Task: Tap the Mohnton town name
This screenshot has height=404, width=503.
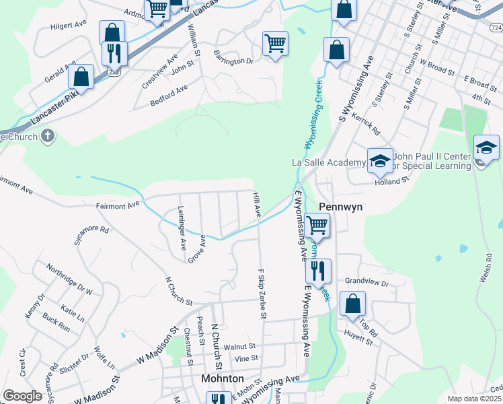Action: [x=223, y=378]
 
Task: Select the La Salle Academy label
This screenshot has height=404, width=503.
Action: [x=327, y=162]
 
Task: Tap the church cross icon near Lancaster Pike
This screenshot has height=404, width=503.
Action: [x=46, y=137]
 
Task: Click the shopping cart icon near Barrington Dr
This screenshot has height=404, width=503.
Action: [x=275, y=44]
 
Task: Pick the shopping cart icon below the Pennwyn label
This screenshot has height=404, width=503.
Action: [x=317, y=225]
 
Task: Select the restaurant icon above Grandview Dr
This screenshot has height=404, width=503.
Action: [x=318, y=271]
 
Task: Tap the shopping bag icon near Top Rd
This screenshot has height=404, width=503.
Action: [x=352, y=304]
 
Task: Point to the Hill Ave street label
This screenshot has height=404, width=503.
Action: [x=256, y=204]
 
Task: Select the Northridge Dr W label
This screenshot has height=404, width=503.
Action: [x=69, y=279]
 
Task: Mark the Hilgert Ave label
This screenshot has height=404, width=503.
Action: [x=69, y=26]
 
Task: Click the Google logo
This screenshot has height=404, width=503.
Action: [x=22, y=396]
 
